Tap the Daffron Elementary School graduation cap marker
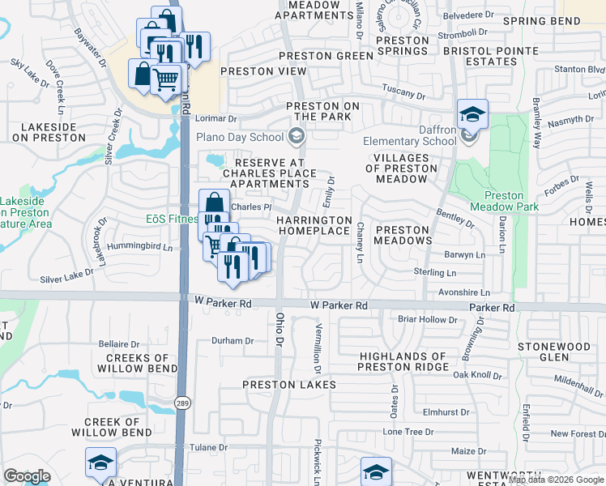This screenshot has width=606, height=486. click(x=472, y=114)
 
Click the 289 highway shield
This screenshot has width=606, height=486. click(x=182, y=402)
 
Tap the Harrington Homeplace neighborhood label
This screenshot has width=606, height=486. click(x=314, y=225)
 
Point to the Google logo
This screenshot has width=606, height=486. click(x=27, y=476)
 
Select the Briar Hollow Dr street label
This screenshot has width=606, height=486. click(x=428, y=320)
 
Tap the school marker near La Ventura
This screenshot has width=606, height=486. click(x=100, y=463)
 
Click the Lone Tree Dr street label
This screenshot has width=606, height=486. click(x=408, y=432)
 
